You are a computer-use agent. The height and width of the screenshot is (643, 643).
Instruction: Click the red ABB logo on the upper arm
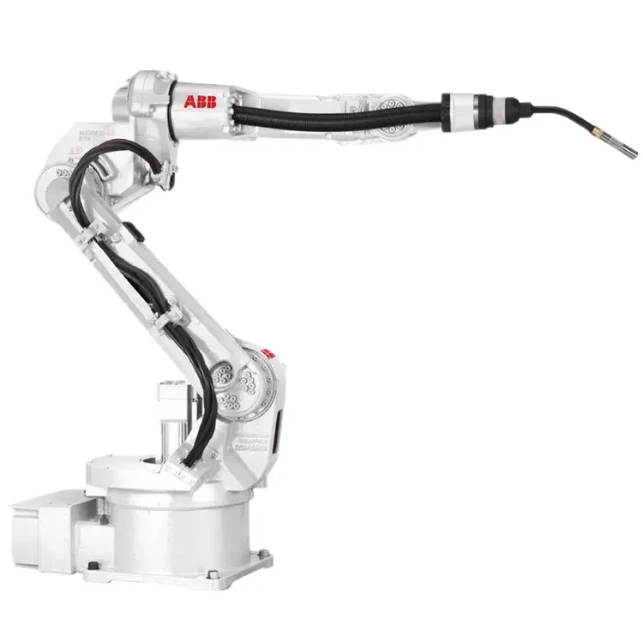pyautogui.click(x=200, y=101)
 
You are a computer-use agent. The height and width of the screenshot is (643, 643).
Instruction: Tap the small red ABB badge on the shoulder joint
pyautogui.click(x=267, y=352)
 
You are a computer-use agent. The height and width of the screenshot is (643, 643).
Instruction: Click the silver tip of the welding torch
pyautogui.click(x=628, y=152)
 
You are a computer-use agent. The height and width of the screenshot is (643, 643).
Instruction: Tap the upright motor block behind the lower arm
pyautogui.click(x=171, y=412)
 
